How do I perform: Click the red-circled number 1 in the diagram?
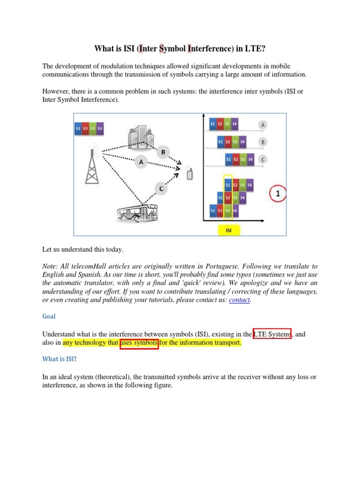point(278,194)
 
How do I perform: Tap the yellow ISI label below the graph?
point(229,230)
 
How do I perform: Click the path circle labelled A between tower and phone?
point(141,162)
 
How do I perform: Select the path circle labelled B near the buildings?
point(163,152)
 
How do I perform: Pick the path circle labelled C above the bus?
point(161,189)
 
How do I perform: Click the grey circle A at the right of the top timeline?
point(263,125)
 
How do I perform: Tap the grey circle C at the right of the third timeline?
point(263,159)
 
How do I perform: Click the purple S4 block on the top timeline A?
point(234,124)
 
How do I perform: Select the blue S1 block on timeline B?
point(220,141)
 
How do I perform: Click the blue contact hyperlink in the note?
point(240,300)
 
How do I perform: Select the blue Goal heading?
point(49,316)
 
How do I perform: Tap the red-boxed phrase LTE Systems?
point(272,334)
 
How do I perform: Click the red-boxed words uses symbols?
point(139,343)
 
